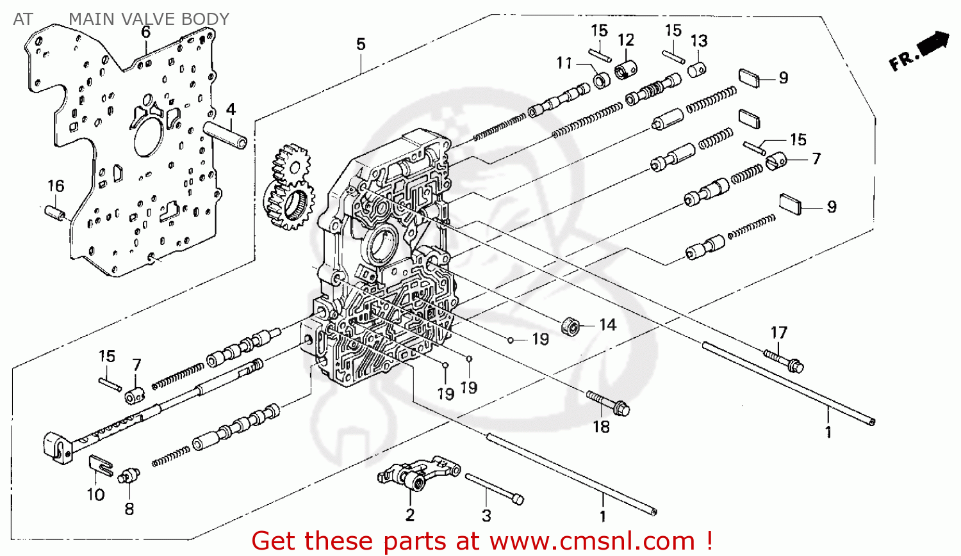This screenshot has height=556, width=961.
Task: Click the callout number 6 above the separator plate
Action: (146, 32)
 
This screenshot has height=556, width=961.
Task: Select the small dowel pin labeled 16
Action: (55, 212)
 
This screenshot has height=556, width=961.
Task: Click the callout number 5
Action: (361, 44)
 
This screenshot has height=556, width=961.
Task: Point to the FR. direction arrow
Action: (919, 51)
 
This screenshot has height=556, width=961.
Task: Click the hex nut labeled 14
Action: (570, 326)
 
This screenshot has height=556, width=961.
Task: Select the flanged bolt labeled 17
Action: (784, 361)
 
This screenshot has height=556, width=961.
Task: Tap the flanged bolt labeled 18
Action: (609, 402)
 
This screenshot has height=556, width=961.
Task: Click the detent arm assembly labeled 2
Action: (417, 474)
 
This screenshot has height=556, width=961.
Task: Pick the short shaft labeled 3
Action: (494, 489)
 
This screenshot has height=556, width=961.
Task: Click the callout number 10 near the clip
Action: (95, 495)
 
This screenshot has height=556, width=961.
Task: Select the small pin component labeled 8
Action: (129, 475)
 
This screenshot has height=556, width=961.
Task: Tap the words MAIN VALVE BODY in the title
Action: (149, 19)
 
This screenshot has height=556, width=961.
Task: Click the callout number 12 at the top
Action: (626, 40)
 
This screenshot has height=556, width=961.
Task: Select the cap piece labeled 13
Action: (696, 68)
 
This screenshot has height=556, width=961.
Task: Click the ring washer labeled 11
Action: (602, 81)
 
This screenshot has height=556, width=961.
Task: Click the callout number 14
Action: (607, 325)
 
